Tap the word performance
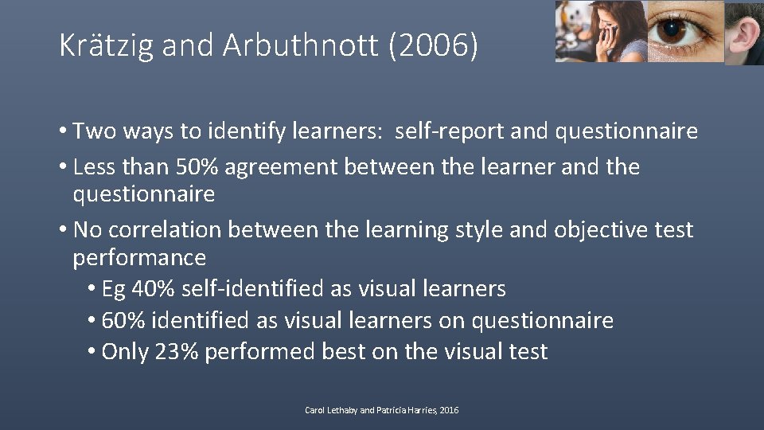(139, 257)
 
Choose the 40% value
(150, 288)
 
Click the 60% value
(125, 321)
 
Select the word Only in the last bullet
(125, 352)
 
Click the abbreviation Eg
(114, 288)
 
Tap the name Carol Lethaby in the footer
(327, 410)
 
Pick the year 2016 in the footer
(450, 410)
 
